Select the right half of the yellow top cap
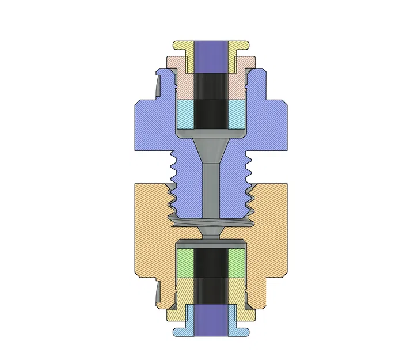pos(237,48)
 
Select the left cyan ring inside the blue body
pos(185,114)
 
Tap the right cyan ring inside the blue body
pos(235,114)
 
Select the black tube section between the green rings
pos(210,265)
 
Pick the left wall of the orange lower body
pos(151,230)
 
